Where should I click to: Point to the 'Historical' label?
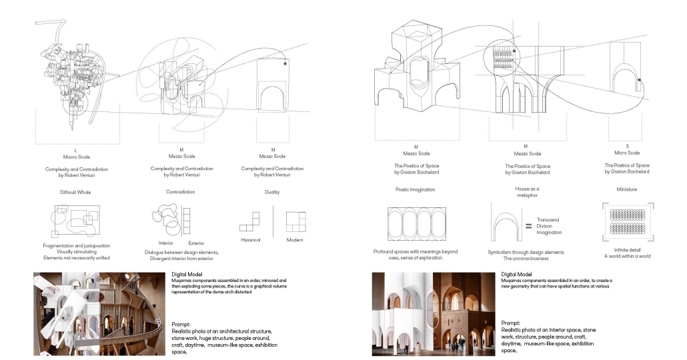point(250,239)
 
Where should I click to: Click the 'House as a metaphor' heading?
point(526,192)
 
